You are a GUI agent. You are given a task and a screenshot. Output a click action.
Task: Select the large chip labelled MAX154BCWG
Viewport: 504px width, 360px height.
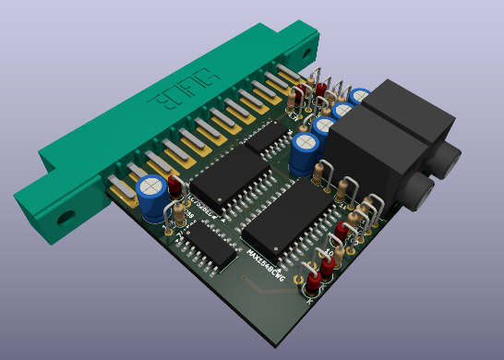293,214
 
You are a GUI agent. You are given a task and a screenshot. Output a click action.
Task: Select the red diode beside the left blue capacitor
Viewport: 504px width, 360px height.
174,187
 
